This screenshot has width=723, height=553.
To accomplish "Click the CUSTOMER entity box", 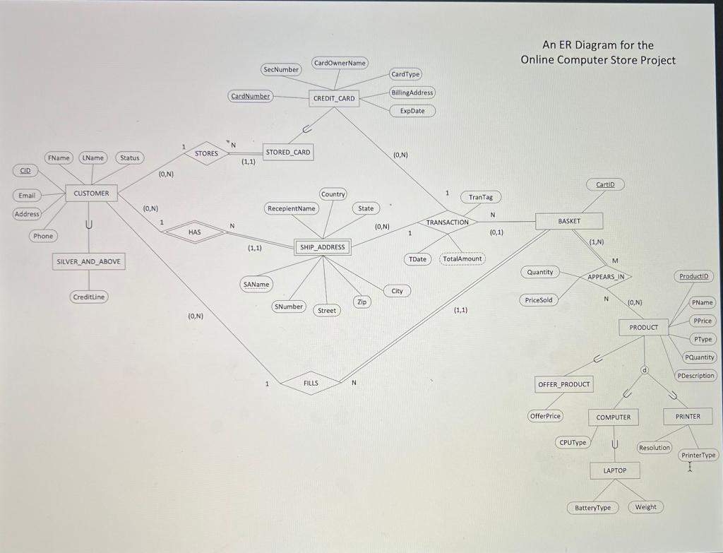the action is [91, 193].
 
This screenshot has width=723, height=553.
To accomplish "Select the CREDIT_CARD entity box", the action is [334, 99].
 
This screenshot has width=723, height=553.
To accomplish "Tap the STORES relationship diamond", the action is [206, 153].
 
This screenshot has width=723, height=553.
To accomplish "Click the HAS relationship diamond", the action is [195, 232].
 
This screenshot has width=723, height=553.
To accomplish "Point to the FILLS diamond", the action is [311, 383].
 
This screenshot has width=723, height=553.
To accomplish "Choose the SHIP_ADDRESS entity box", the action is [323, 247].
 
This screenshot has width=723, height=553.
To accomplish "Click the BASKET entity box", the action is [569, 221].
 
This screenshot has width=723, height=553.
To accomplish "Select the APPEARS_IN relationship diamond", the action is [606, 277].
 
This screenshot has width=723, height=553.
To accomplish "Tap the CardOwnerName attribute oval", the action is [340, 63].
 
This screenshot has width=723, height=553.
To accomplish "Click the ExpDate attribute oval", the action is [412, 111].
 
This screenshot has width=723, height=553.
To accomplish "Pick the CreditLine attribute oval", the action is [89, 297].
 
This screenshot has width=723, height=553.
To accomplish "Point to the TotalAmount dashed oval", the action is [462, 258].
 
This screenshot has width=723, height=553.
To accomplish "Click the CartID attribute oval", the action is [605, 184].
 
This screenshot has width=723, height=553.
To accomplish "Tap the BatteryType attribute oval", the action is [593, 507].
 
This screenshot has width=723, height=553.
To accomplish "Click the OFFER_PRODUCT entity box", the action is [564, 384].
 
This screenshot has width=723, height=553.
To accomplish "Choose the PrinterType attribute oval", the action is [698, 455].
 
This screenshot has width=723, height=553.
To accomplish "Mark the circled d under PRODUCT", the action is [644, 370].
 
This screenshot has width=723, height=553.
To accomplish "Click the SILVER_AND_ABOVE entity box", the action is [89, 261].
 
